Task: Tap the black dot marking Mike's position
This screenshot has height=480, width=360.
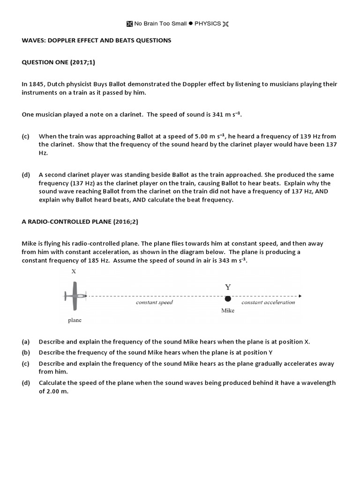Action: pos(228,299)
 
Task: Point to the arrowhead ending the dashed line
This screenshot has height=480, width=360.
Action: pos(299,296)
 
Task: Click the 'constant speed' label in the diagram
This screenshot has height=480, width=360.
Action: pos(154,302)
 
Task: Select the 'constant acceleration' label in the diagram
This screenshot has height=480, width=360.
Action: pos(268,302)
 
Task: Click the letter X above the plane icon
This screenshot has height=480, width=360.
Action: pos(74,271)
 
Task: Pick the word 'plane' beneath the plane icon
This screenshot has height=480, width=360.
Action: pos(75,320)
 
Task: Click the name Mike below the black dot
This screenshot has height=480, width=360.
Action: pos(227,310)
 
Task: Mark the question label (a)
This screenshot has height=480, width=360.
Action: pos(26,342)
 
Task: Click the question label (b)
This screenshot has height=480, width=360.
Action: pos(26,352)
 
